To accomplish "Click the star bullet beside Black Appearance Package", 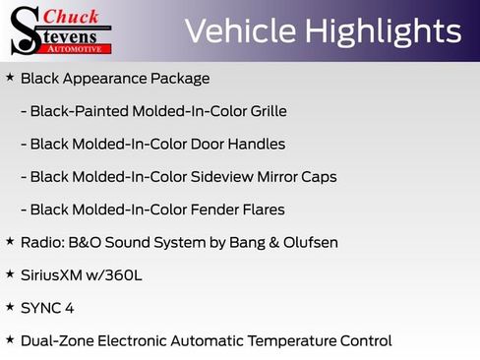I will tap(10, 77).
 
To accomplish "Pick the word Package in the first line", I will tap(181, 79).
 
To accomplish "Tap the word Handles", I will tap(254, 144).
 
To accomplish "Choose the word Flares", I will tap(260, 210).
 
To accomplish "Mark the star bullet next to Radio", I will tap(10, 241).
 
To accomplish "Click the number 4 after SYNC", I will tap(69, 308).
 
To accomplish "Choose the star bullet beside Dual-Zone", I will tap(10, 339).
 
